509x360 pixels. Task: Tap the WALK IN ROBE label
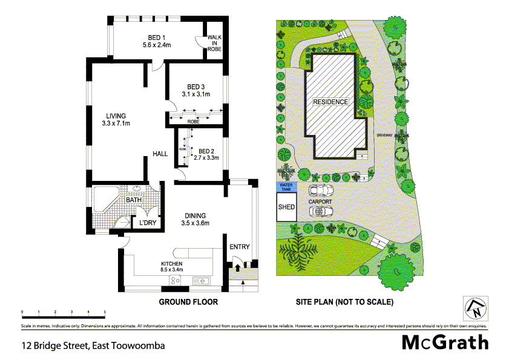pos(214,43)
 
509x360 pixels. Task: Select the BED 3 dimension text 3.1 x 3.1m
pos(195,94)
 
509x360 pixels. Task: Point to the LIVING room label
pos(116,116)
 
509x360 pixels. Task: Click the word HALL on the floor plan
pos(160,154)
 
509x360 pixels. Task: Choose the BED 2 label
pos(207,151)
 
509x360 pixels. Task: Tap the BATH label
pos(134,199)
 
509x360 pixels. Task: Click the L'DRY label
pos(148,223)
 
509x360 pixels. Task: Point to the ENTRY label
pos(240,246)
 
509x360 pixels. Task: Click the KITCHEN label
pos(171,264)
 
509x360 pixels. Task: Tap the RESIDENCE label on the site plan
pos(330,102)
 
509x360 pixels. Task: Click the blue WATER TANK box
pos(286,188)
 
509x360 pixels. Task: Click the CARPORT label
pos(320,201)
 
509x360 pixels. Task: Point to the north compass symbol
pos(476,309)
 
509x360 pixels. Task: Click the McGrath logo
pos(445,342)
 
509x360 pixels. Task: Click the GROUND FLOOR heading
pos(188,301)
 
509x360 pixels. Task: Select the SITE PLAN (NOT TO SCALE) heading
pos(344,301)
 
